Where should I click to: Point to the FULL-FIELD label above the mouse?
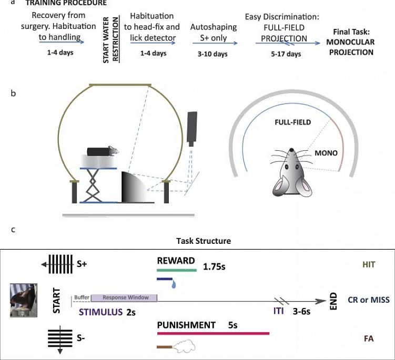click(292, 122)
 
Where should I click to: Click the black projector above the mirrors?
click(193, 129)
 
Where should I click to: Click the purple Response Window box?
click(124, 298)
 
